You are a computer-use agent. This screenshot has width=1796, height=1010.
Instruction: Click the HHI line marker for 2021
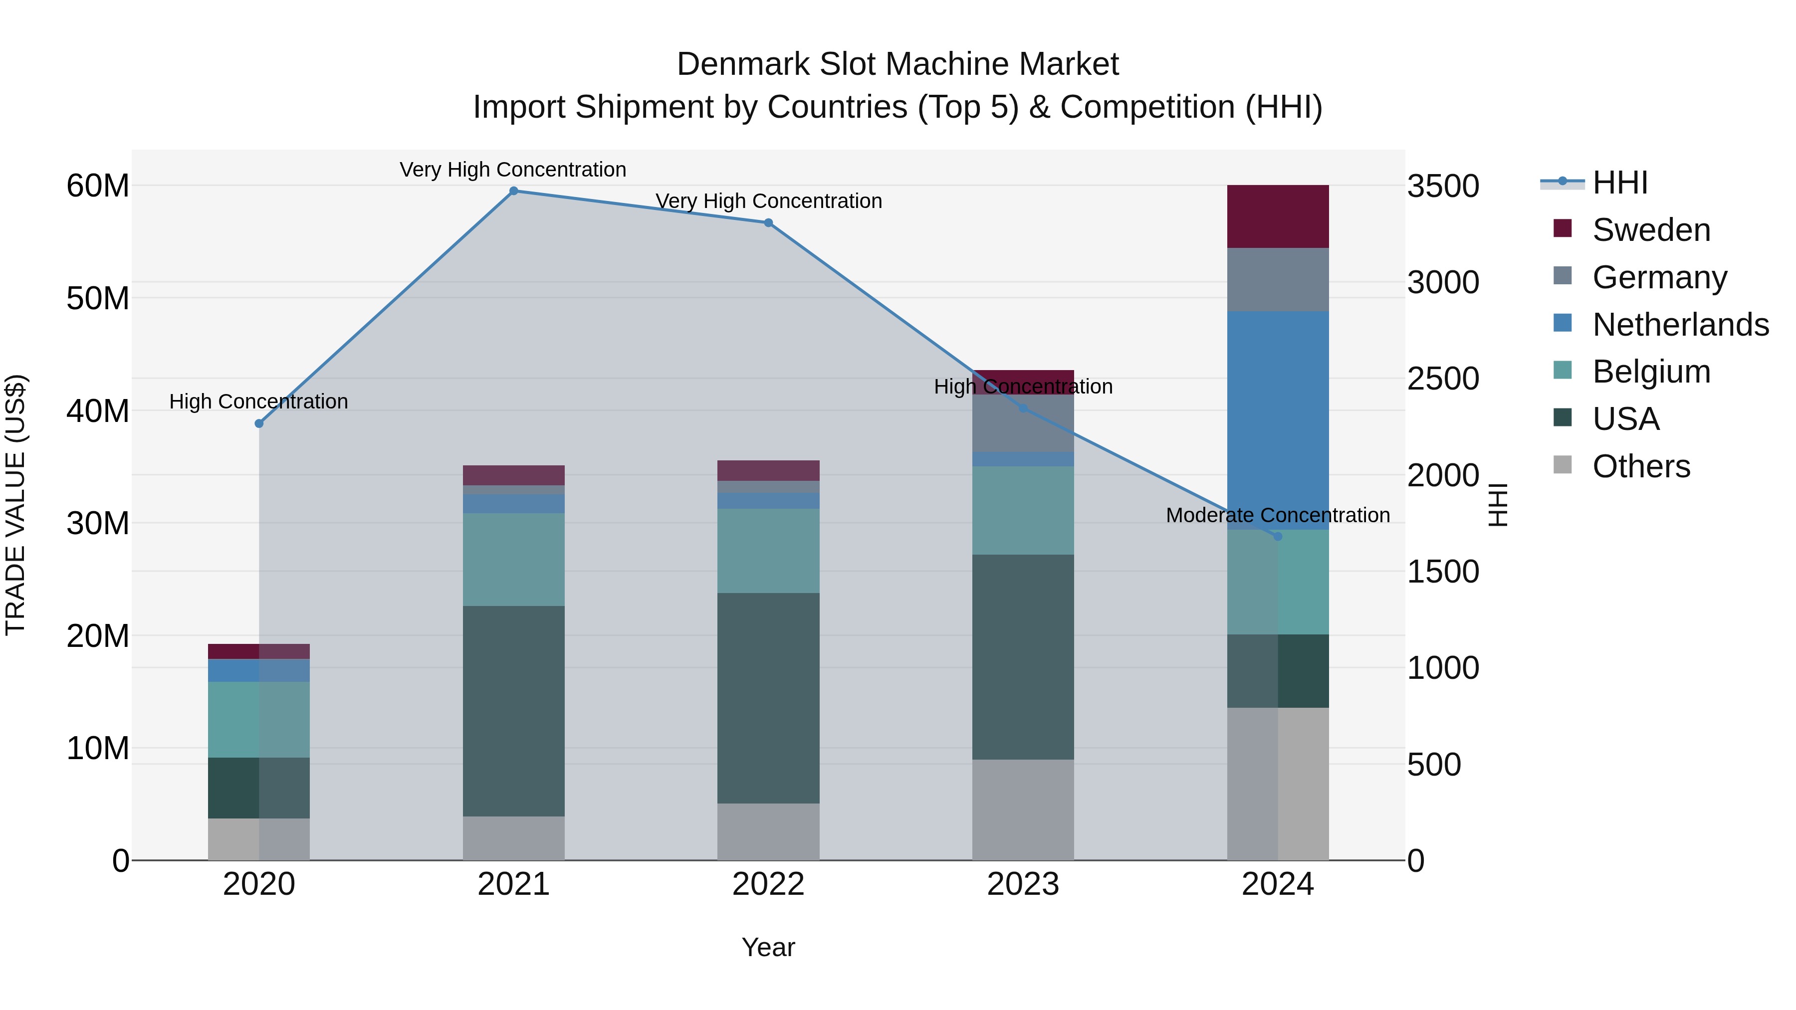pos(513,191)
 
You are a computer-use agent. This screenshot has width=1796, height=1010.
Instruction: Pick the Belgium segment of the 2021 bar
pos(513,559)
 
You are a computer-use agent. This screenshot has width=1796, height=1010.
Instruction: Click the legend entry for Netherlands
pos(1680,325)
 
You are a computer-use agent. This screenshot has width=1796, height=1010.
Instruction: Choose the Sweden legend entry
pos(1651,230)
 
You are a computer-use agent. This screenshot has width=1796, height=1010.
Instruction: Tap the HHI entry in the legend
pos(1619,183)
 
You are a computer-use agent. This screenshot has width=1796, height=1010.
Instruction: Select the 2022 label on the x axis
pos(768,884)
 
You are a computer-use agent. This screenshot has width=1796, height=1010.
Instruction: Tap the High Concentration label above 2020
pos(258,402)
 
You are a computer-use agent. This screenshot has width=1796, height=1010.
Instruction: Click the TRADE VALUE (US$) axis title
pos(15,505)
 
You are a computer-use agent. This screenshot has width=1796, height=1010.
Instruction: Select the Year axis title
pos(768,947)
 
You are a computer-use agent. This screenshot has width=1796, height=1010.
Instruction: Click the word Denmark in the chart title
pos(743,64)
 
